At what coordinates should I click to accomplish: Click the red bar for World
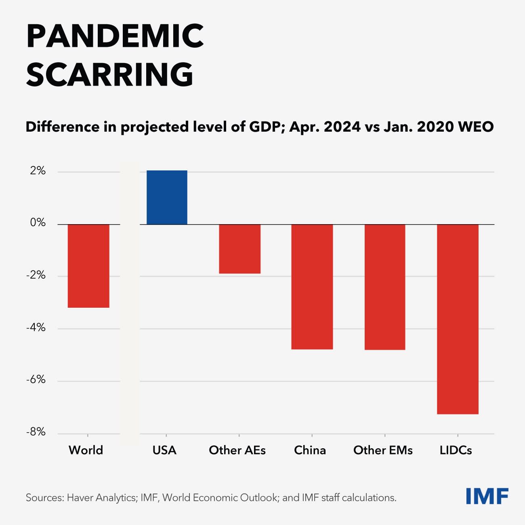[x=88, y=266]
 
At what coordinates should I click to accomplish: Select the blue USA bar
[x=167, y=197]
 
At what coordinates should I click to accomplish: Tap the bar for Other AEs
[x=239, y=249]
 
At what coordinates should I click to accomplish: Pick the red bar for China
[x=312, y=287]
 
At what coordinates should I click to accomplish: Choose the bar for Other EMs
[x=384, y=287]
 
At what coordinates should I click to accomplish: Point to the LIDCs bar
[x=458, y=319]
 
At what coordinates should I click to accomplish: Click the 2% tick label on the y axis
[x=38, y=171]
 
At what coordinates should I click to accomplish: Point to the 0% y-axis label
[x=38, y=223]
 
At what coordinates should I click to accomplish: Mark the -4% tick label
[x=36, y=328]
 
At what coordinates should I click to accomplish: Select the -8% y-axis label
[x=36, y=432]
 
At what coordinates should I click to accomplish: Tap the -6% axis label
[x=36, y=380]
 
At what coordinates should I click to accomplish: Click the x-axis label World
[x=86, y=450]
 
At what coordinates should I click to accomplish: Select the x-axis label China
[x=310, y=450]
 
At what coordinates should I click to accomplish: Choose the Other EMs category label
[x=383, y=450]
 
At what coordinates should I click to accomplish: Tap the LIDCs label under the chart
[x=456, y=450]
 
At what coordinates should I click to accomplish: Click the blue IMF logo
[x=487, y=496]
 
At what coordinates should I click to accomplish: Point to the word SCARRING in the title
[x=110, y=75]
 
